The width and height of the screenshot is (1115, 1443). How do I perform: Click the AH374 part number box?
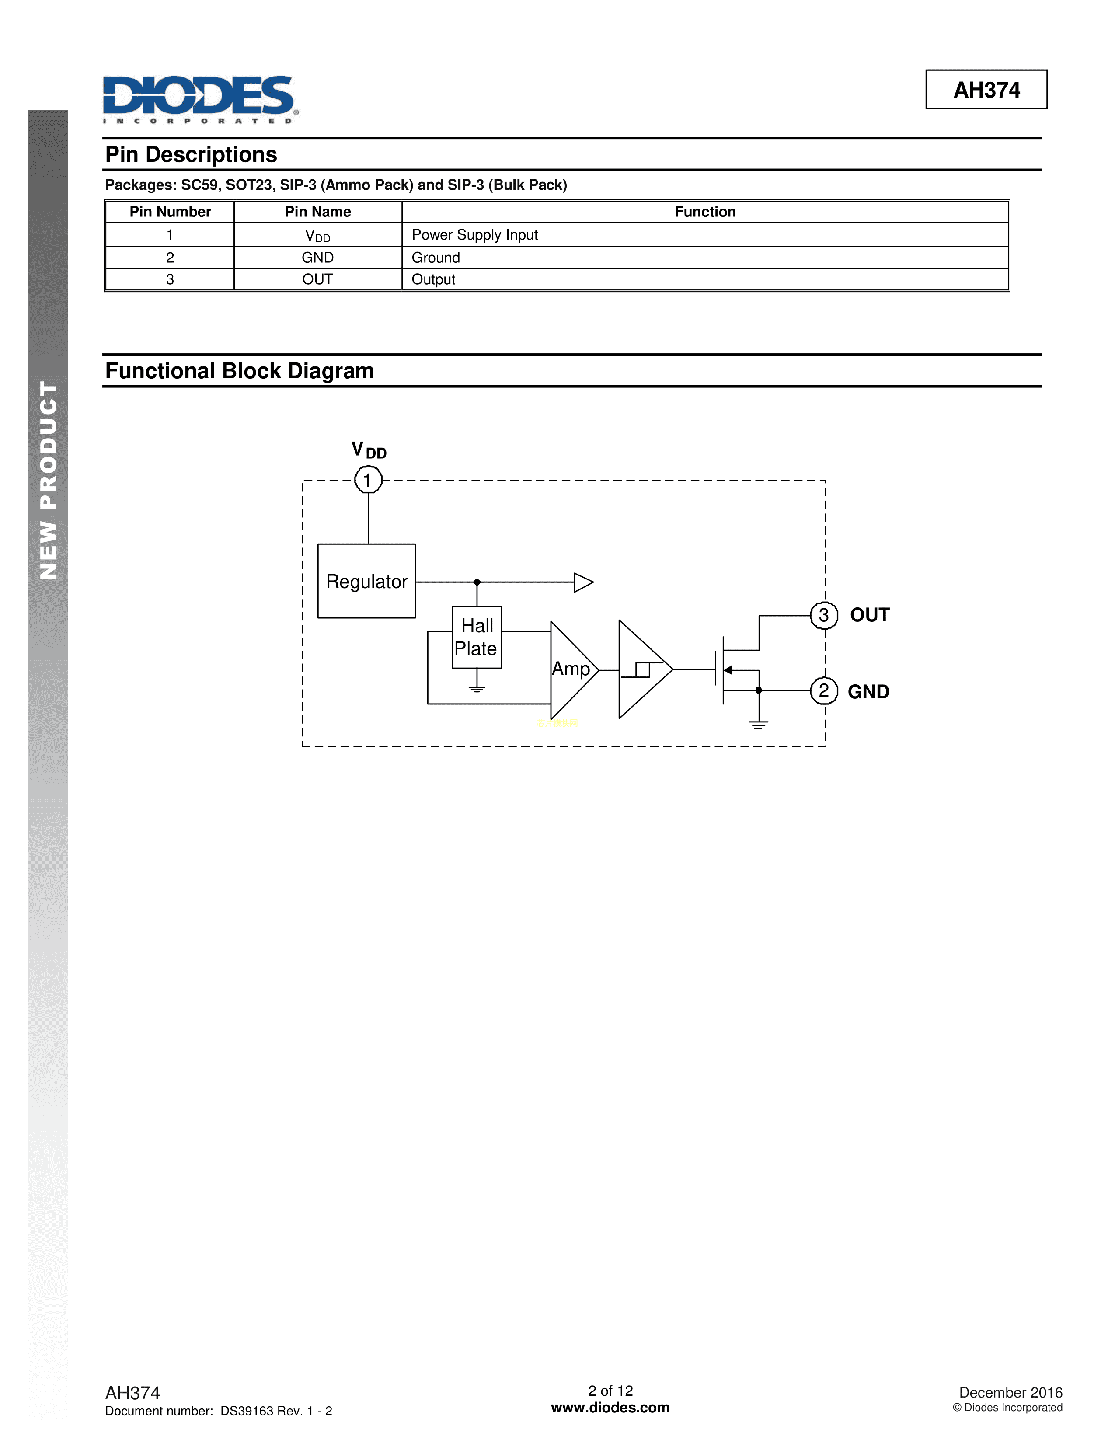point(986,90)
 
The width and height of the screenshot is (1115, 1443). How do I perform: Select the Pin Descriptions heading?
point(192,155)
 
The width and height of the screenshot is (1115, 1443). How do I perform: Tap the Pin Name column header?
point(318,212)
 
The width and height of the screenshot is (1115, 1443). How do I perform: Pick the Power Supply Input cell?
point(474,235)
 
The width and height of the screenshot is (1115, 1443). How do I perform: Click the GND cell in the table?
point(318,258)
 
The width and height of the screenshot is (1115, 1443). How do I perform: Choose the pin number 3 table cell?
point(170,279)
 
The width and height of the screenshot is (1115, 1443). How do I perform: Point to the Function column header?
point(705,212)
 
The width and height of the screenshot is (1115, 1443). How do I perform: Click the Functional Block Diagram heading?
point(239,371)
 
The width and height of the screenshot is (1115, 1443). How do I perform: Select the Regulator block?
point(366,582)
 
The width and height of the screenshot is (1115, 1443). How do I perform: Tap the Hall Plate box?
point(476,638)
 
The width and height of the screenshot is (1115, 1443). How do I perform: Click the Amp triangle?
point(571,669)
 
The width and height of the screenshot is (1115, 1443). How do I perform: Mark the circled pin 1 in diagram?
point(368,480)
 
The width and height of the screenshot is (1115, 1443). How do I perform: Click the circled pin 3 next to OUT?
point(824,615)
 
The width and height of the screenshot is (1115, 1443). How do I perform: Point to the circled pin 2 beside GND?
point(824,691)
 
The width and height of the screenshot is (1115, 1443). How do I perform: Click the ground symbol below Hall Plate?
point(477,688)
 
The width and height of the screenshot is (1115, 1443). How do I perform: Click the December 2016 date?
point(1010,1393)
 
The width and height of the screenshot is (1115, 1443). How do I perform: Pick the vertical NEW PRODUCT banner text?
point(48,480)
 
